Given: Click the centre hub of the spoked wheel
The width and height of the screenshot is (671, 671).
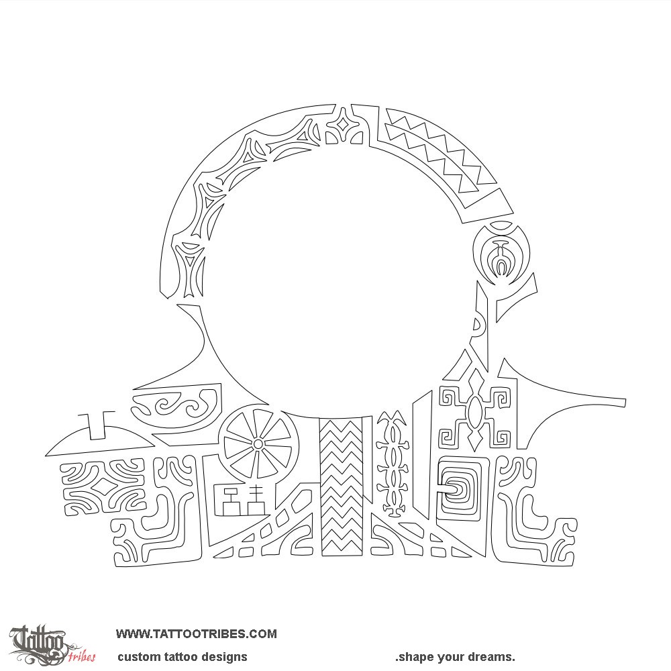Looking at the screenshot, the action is coord(258,444).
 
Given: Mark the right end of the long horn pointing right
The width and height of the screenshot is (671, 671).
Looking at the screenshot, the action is coord(625,402).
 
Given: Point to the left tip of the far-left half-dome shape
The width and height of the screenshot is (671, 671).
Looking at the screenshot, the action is coord(46,454).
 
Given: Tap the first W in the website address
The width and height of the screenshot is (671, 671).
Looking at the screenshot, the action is coord(122,634).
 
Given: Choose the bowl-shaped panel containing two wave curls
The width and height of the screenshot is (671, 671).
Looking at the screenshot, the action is coord(176,407).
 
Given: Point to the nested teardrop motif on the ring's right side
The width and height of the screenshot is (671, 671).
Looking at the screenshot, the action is coord(502,254).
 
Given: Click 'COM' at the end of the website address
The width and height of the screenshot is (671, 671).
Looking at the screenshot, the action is coord(263,634).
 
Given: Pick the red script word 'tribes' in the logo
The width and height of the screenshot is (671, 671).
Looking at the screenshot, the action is coord(81,655).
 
